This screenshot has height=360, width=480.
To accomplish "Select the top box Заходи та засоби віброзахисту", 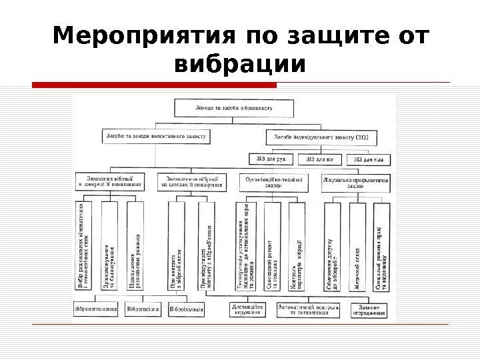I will point(233,107).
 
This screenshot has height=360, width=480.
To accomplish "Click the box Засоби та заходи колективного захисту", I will point(156,135).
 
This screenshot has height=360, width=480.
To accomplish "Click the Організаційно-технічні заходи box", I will point(274,182).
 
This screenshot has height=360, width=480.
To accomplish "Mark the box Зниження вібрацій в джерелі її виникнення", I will point(110,182).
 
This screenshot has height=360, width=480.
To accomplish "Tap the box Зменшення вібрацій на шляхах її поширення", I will point(191,182).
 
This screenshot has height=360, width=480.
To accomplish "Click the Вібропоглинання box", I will point(97,309).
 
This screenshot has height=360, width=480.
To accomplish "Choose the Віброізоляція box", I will point(187,309).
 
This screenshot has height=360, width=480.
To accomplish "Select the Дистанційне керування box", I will point(248,310).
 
